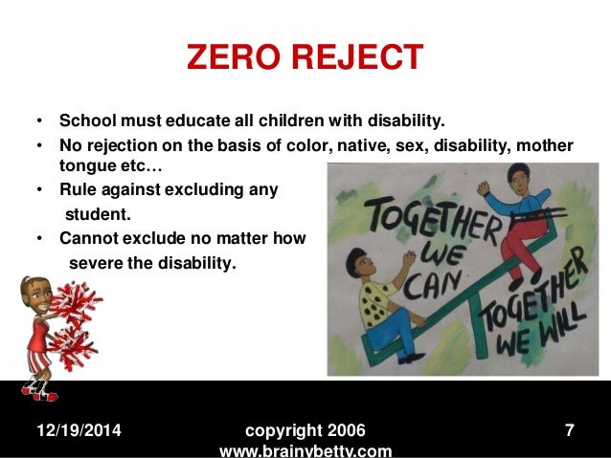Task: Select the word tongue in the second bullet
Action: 83,166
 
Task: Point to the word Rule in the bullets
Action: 78,189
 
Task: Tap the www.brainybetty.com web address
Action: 305,450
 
